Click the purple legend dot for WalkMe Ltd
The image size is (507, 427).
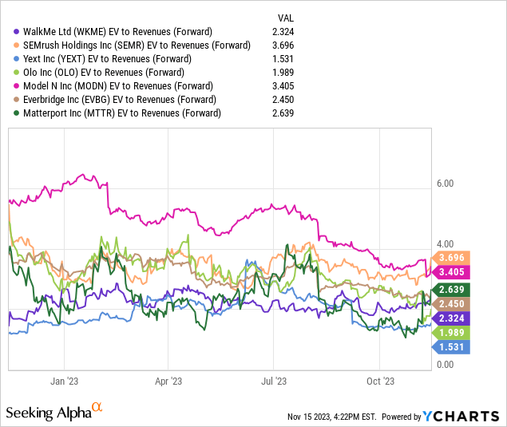click(x=16, y=32)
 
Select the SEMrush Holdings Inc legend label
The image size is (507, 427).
click(x=137, y=45)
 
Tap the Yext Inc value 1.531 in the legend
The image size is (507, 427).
click(x=283, y=59)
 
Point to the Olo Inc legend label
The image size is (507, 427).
click(x=104, y=73)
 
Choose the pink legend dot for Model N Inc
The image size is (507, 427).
click(x=16, y=86)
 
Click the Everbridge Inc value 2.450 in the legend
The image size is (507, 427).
click(x=283, y=100)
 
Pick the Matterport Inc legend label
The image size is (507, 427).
click(x=122, y=113)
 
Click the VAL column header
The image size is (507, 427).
click(x=286, y=18)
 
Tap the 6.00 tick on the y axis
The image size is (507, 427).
click(x=446, y=184)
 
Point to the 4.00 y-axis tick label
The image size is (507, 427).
click(x=446, y=244)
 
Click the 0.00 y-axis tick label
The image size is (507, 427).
click(x=446, y=365)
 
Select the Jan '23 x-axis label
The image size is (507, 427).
click(x=65, y=382)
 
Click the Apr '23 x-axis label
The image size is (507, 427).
click(x=168, y=382)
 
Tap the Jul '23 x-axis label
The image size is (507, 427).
click(x=274, y=382)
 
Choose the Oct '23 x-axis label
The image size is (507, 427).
click(x=381, y=382)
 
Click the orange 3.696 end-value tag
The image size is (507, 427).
click(x=451, y=258)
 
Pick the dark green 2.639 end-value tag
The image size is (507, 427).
click(x=451, y=289)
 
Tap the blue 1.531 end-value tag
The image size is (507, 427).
click(x=451, y=347)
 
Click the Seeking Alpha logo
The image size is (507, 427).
click(x=54, y=412)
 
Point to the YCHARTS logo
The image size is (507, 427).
click(x=461, y=417)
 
